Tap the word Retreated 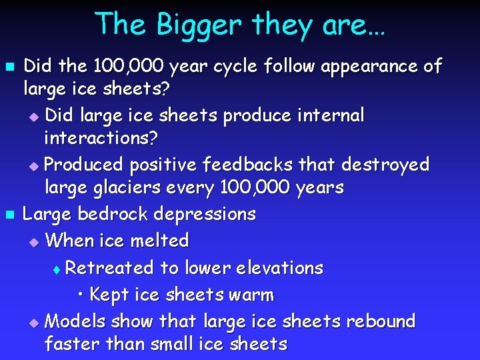coord(109,268)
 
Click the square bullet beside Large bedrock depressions coord(9,215)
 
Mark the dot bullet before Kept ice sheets coord(80,295)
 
